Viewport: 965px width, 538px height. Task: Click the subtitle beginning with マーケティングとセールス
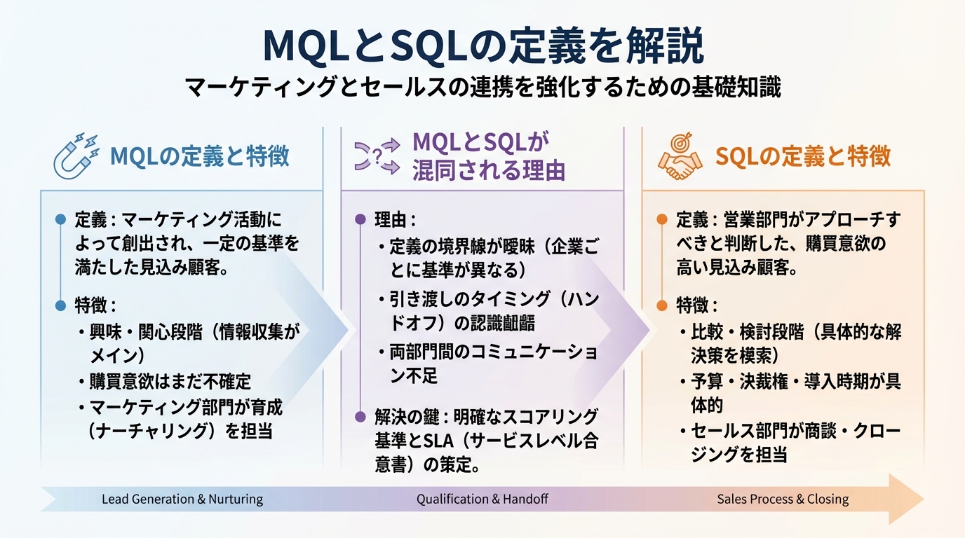(482, 88)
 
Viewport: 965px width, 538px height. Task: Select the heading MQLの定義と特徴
(200, 156)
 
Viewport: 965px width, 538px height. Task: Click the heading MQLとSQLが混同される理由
(488, 156)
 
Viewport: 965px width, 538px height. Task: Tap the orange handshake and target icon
(679, 156)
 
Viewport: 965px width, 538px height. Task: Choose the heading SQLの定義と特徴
(803, 156)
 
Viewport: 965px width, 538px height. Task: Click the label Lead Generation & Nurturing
(182, 499)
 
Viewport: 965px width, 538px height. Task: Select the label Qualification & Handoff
(482, 499)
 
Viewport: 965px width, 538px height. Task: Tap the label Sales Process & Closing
(783, 499)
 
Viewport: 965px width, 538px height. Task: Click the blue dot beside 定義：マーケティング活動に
(60, 220)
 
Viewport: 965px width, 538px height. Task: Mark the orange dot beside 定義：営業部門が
(661, 220)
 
